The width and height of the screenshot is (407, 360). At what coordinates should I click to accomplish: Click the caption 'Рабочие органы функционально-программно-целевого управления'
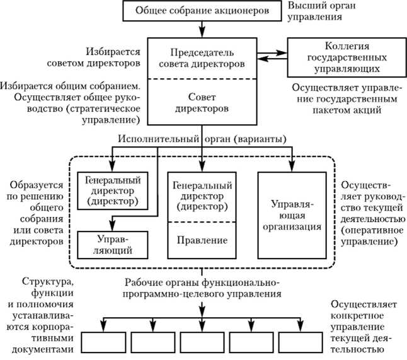[x=202, y=287]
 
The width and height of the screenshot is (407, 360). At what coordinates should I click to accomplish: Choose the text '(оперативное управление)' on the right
[x=369, y=240]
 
